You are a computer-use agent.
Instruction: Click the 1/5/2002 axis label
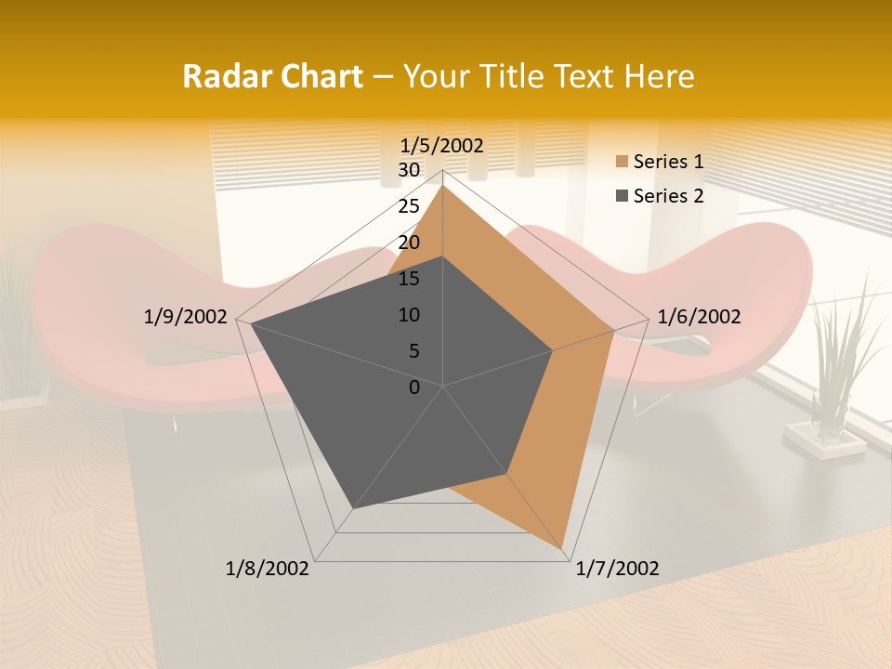click(441, 145)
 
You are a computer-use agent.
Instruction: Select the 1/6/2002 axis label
click(699, 317)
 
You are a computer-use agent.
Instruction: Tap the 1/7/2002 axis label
click(617, 569)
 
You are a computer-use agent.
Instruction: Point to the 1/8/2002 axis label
click(268, 569)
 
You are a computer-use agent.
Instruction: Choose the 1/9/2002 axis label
click(186, 317)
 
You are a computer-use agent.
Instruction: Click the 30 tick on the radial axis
click(409, 170)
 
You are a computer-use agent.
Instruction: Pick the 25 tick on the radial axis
click(409, 206)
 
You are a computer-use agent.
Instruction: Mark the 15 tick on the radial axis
click(409, 279)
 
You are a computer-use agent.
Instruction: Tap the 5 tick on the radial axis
click(413, 351)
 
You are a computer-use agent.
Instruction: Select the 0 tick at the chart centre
click(414, 387)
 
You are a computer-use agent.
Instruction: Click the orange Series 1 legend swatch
click(621, 163)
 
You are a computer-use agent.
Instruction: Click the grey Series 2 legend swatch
click(621, 196)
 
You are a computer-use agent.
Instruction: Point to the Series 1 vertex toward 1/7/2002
click(563, 549)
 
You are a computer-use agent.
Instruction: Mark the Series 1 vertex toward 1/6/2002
click(613, 330)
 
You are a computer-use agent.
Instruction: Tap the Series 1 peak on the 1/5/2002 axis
click(442, 186)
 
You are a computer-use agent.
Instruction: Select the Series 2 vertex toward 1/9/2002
click(251, 324)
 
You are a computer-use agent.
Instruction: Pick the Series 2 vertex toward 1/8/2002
click(353, 508)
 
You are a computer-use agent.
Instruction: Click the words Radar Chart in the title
click(272, 76)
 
